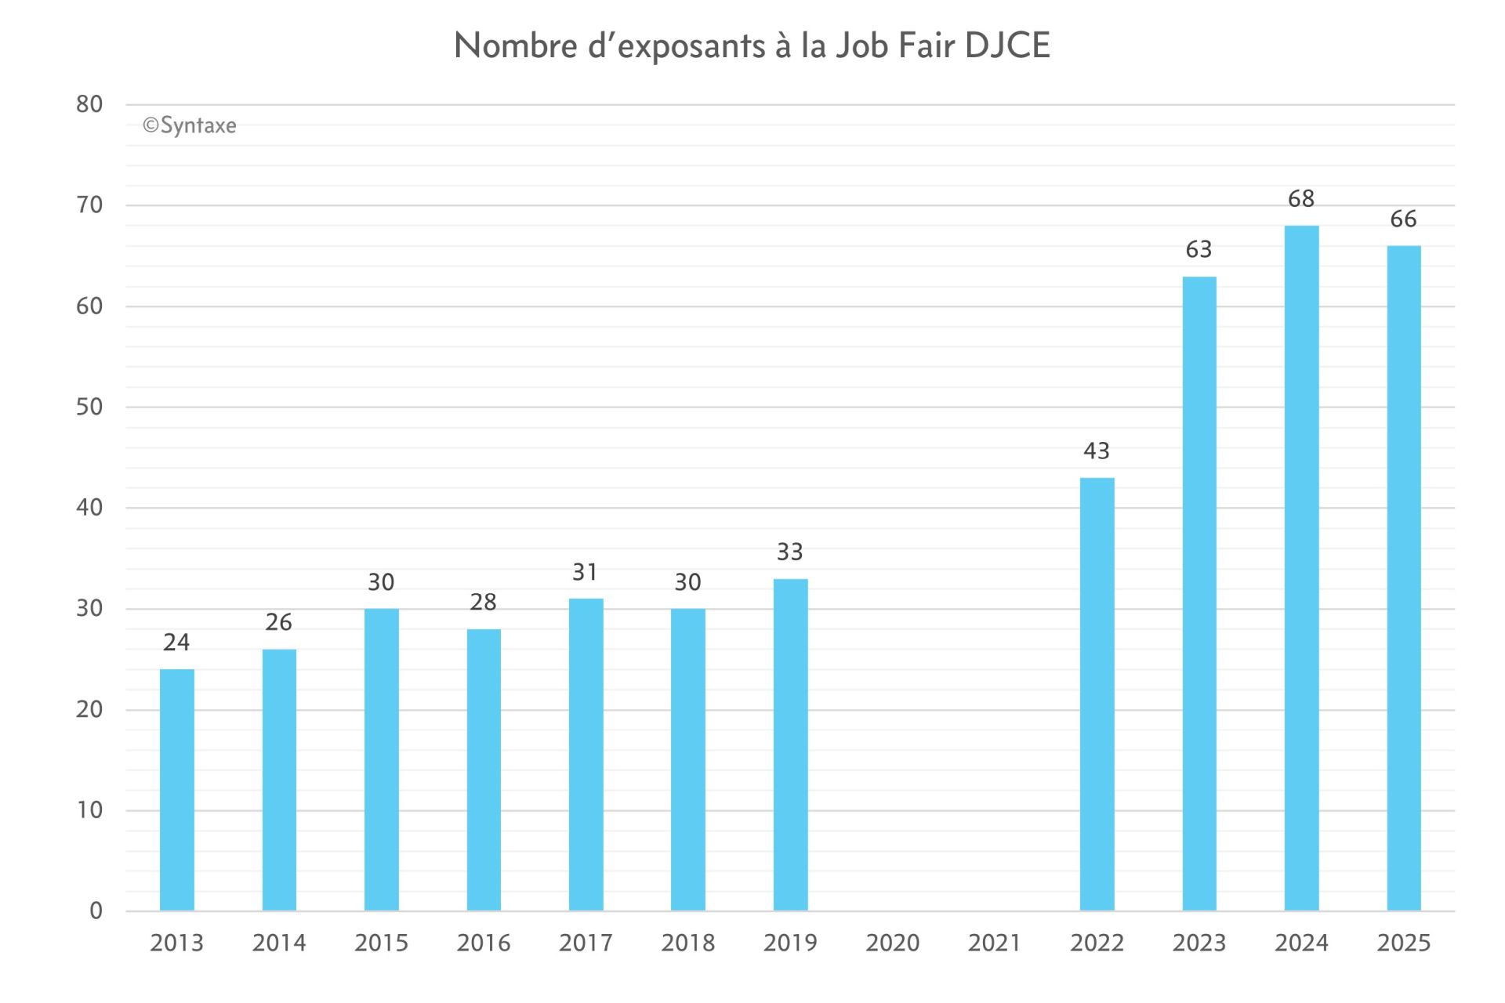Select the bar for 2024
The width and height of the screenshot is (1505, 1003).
(1301, 568)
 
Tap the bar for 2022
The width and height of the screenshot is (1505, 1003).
(1097, 693)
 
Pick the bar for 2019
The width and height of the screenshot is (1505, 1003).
(790, 744)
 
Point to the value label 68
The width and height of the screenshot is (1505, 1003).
(1301, 199)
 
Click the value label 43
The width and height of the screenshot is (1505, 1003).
(1097, 451)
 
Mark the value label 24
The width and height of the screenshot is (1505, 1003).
(176, 643)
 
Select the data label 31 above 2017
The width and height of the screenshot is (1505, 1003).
(586, 573)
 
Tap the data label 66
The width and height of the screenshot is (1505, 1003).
(1403, 219)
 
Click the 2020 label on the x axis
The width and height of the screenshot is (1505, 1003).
(892, 943)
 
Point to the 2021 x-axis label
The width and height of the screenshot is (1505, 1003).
(994, 943)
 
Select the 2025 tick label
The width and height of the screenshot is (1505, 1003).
(1403, 943)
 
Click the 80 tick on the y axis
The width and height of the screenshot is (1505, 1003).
(89, 104)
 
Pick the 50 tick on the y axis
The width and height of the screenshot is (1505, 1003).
(89, 407)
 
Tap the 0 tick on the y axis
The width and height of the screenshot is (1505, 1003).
(96, 911)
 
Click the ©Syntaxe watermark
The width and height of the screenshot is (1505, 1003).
(190, 126)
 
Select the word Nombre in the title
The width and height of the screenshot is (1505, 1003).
(516, 45)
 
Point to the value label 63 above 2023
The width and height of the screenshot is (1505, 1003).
(1199, 250)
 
